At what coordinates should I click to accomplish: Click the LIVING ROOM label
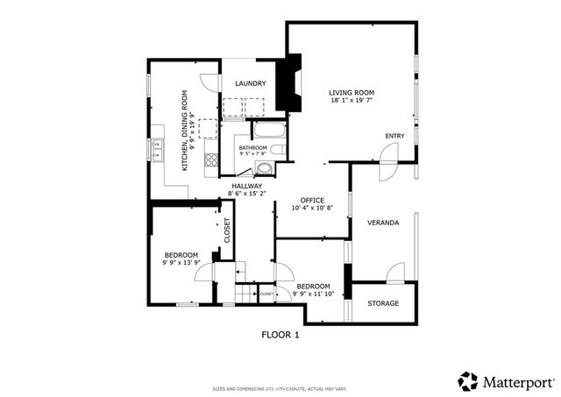352,92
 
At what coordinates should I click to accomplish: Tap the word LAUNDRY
250,84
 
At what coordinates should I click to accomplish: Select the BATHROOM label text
252,148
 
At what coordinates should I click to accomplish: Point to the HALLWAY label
247,186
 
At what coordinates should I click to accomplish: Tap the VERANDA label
383,223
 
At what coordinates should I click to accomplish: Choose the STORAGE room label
383,303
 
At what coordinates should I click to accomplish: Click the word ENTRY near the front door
395,136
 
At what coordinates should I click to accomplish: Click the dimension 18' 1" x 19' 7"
352,102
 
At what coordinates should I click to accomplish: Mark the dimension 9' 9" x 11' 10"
313,295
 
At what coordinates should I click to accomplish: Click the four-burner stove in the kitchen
211,160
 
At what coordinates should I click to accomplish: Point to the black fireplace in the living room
288,85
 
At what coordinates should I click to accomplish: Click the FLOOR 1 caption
280,335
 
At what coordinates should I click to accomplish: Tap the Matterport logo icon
468,381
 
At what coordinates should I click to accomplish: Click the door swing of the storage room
395,273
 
